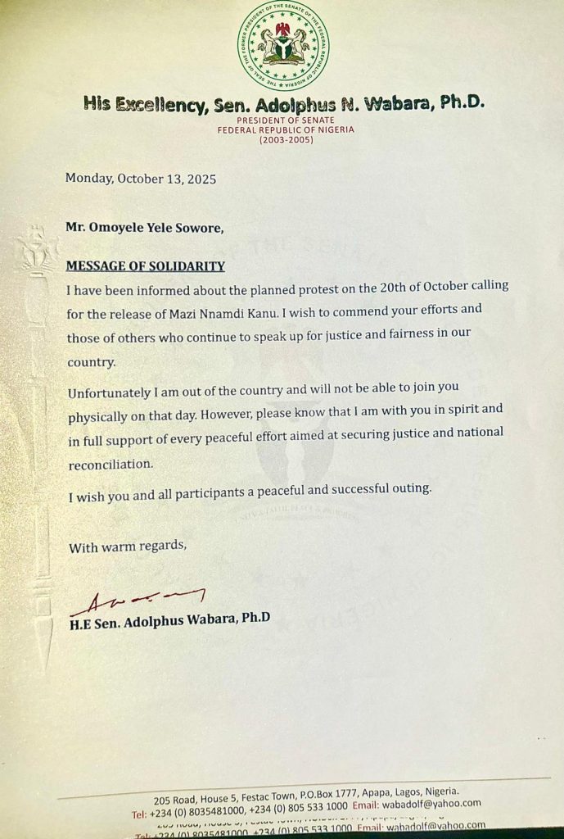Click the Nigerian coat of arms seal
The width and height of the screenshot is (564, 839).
point(283,45)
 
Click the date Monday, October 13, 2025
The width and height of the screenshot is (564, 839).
point(141,179)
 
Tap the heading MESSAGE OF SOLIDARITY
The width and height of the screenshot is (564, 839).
point(146,266)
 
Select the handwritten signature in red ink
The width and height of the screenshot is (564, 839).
point(138,601)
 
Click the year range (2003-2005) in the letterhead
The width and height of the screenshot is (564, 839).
point(282,139)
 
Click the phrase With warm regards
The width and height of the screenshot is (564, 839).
point(128,546)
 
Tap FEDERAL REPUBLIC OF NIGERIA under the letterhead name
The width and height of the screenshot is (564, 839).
point(282,129)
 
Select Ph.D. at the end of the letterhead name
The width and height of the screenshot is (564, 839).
point(462,103)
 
